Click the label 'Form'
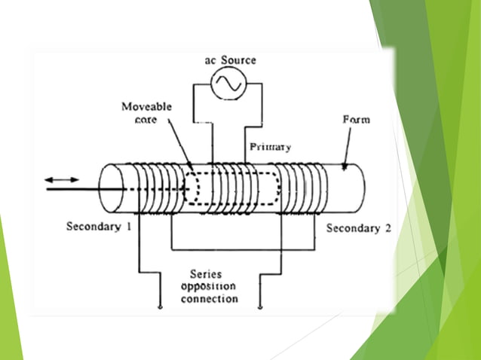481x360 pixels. coord(356,120)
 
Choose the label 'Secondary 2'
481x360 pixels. coord(358,227)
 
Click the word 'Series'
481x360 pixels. coord(207,275)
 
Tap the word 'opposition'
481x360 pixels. coord(208,287)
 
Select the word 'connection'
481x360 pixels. coord(209,299)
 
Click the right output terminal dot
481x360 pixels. coord(260,307)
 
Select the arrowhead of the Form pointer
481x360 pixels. coord(344,169)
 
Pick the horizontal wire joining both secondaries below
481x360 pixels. coord(226,249)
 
